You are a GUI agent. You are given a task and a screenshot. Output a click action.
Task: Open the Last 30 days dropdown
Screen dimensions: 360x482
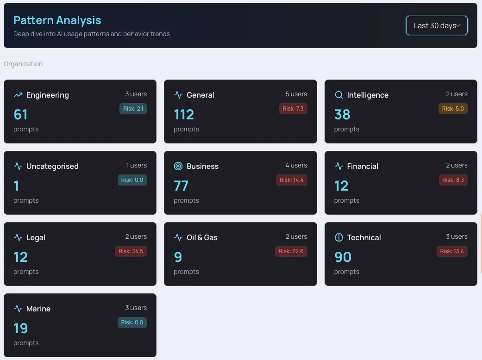point(436,26)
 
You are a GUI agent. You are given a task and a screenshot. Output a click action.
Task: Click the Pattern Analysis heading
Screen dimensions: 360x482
point(57,20)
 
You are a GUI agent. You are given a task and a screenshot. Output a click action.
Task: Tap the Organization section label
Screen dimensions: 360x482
point(23,64)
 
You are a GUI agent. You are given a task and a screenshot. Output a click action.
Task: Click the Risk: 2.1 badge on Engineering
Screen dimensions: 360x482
point(133,109)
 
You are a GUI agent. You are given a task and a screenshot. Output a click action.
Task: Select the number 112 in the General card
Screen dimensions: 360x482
point(184,114)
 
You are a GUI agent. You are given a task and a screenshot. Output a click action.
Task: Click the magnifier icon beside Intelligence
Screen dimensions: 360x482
point(338,95)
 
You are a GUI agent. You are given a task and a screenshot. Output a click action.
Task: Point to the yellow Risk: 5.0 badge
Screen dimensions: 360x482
point(453,109)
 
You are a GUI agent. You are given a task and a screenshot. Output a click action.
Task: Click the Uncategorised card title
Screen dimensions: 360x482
point(52,166)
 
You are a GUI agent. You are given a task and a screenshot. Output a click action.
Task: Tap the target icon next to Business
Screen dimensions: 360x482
point(178,166)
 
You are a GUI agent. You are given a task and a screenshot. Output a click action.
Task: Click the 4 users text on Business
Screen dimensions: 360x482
point(296,165)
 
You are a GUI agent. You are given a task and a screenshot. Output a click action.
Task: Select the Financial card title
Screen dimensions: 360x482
point(363,166)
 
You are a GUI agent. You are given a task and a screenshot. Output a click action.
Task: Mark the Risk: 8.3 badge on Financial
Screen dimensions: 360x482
point(453,180)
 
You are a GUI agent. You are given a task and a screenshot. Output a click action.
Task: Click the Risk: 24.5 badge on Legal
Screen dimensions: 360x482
point(131,251)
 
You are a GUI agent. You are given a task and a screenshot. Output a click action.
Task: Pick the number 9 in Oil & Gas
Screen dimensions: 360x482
point(178,257)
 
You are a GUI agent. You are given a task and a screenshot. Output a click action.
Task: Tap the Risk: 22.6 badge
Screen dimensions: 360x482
point(291,251)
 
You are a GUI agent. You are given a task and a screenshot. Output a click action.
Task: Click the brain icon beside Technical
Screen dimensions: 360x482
point(338,237)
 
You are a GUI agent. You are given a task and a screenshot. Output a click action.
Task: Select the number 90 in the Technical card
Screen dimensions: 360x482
point(343,257)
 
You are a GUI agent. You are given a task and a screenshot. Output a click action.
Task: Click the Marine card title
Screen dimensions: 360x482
point(38,309)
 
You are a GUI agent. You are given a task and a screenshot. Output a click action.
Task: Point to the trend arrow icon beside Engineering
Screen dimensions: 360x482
point(18,95)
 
